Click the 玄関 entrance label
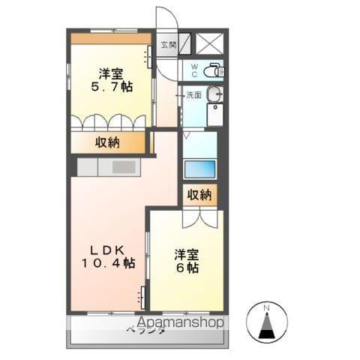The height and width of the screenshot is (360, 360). [x=167, y=43]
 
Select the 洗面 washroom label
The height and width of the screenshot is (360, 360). [x=193, y=95]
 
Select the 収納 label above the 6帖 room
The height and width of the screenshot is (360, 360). [x=200, y=195]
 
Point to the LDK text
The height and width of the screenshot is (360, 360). [x=108, y=249]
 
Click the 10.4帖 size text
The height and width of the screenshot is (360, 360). [x=109, y=263]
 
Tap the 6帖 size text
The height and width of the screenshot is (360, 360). [x=187, y=268]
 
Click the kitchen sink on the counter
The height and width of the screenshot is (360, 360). [x=122, y=166]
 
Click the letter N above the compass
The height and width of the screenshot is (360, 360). [x=268, y=307]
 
